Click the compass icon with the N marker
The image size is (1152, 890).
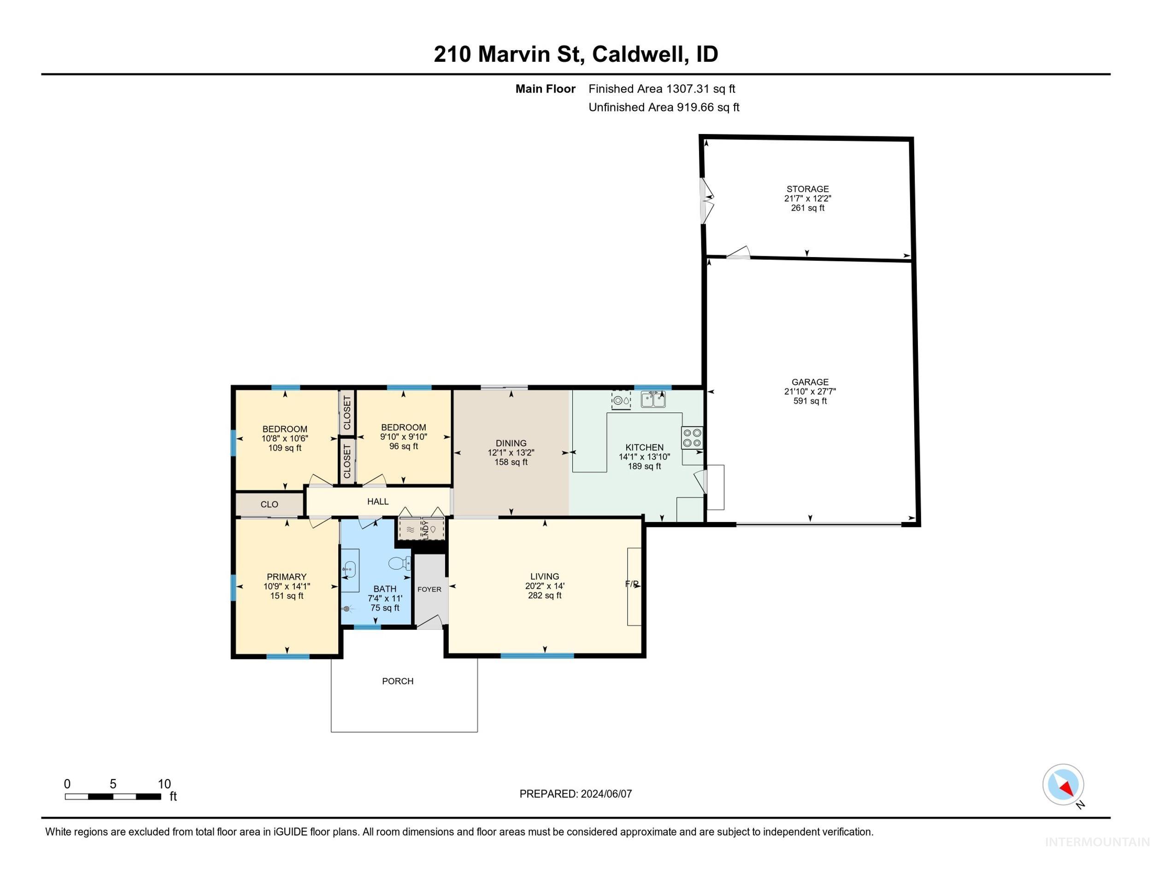click(1064, 785)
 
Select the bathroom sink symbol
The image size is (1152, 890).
click(349, 569)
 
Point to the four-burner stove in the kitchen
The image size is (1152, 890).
click(692, 438)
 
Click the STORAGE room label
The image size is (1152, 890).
click(808, 189)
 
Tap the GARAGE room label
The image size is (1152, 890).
click(810, 382)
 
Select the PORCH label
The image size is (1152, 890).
click(398, 681)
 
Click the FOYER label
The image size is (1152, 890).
click(429, 590)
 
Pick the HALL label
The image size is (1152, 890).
click(378, 501)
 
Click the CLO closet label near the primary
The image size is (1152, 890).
click(269, 504)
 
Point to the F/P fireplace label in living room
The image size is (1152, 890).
click(632, 584)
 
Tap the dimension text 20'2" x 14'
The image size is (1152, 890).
click(545, 586)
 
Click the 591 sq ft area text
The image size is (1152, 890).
click(810, 401)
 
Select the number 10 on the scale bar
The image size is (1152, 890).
click(164, 784)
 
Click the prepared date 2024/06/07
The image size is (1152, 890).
click(605, 794)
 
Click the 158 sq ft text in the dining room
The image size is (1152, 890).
click(511, 462)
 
